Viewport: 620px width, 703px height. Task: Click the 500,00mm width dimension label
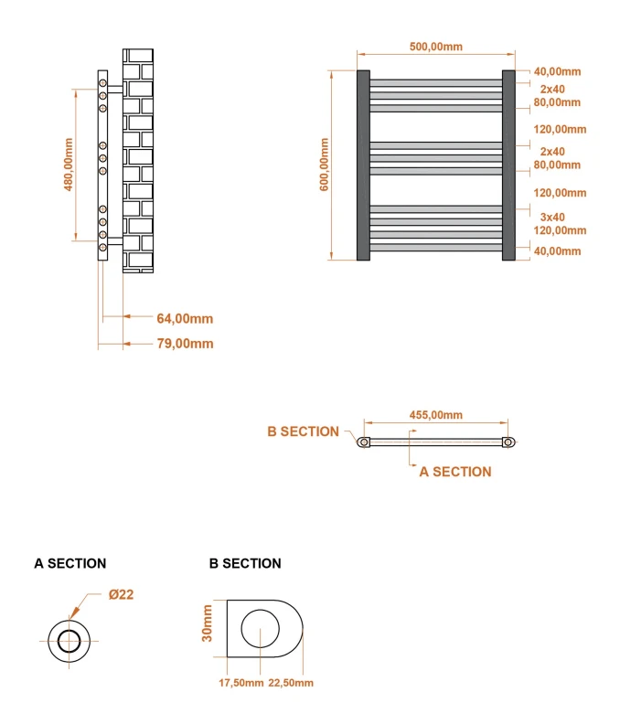click(435, 47)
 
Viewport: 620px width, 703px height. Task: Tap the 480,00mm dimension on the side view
click(68, 165)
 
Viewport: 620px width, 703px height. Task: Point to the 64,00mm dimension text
click(185, 318)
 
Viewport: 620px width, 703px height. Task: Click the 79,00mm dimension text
click(185, 344)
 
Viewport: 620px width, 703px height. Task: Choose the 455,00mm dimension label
click(435, 414)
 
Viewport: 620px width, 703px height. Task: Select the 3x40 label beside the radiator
click(551, 217)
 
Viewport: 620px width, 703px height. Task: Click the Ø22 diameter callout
click(121, 594)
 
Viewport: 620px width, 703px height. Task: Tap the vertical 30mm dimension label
click(208, 623)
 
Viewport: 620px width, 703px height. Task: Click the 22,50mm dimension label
click(291, 683)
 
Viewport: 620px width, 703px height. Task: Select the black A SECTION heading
click(69, 563)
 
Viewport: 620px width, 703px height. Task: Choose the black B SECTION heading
click(245, 563)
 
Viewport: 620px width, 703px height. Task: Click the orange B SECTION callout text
click(303, 431)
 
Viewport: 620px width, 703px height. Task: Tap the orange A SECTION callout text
click(454, 472)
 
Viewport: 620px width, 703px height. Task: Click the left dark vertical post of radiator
click(363, 165)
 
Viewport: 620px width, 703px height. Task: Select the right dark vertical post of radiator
click(508, 165)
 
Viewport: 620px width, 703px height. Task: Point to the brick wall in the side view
click(138, 160)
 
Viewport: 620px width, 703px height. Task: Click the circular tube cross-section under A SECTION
click(69, 640)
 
